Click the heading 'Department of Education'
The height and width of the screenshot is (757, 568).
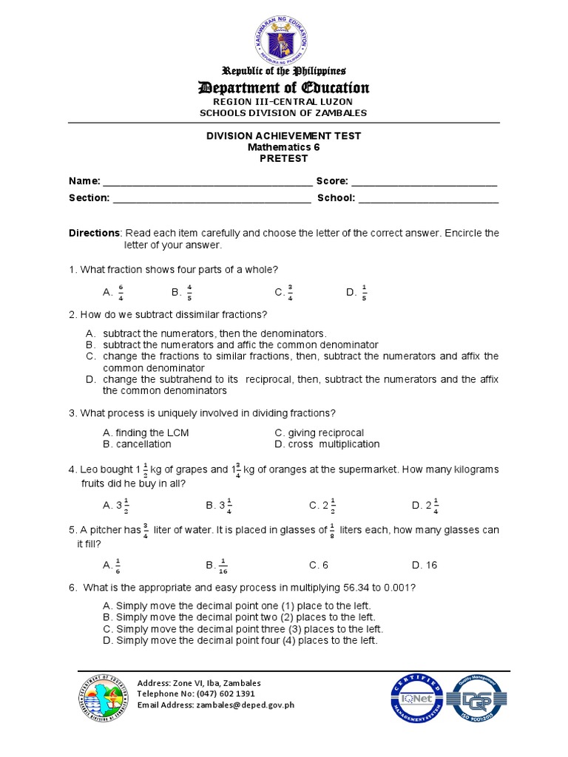point(285,88)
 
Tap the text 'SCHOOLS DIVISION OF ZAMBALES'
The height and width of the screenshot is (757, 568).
point(285,112)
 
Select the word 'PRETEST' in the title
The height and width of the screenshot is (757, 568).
point(285,158)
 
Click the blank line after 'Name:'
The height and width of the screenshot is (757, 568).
point(207,181)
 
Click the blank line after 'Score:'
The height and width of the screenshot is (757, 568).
point(424,181)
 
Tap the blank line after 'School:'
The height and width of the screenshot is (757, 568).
point(428,198)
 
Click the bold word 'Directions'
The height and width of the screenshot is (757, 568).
point(94,233)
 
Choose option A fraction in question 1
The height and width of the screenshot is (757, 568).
point(121,293)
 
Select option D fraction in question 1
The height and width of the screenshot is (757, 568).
point(364,293)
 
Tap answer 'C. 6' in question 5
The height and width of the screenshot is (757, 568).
point(319,565)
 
